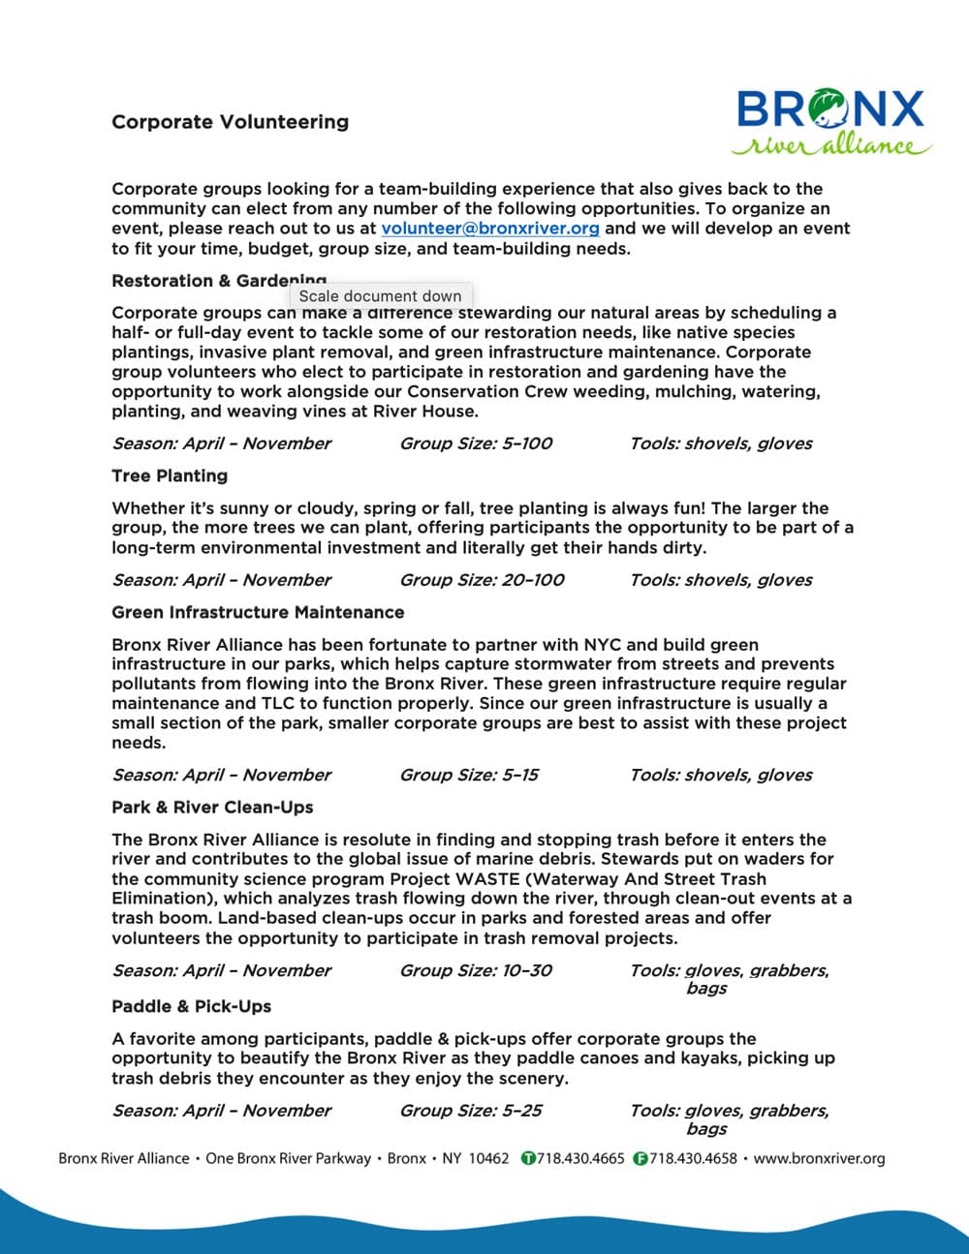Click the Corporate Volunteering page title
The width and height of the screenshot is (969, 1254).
(x=230, y=122)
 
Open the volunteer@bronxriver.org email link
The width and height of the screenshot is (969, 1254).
(x=490, y=229)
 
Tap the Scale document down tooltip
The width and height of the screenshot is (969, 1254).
(x=380, y=296)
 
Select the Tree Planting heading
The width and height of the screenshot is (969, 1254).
(x=170, y=475)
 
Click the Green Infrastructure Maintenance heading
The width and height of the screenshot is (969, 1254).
(x=258, y=612)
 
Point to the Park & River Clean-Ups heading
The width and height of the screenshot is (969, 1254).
(x=212, y=807)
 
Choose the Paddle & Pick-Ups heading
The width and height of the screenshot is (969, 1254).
(x=191, y=1006)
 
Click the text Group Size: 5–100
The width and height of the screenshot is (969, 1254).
(x=476, y=443)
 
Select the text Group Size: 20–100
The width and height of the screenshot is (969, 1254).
(x=482, y=580)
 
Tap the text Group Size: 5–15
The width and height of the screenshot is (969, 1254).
(x=469, y=775)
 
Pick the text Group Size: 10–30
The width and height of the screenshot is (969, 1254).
(x=476, y=970)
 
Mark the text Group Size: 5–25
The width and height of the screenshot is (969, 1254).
(x=471, y=1111)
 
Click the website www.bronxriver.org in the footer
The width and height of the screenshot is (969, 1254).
(x=819, y=1158)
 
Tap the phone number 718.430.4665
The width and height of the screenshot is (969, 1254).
(x=580, y=1158)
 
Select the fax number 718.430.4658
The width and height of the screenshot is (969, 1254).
(x=693, y=1158)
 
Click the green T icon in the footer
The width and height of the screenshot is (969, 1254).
(x=528, y=1158)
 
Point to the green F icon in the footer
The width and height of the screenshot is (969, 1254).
(x=641, y=1158)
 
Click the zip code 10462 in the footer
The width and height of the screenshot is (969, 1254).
(x=488, y=1158)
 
